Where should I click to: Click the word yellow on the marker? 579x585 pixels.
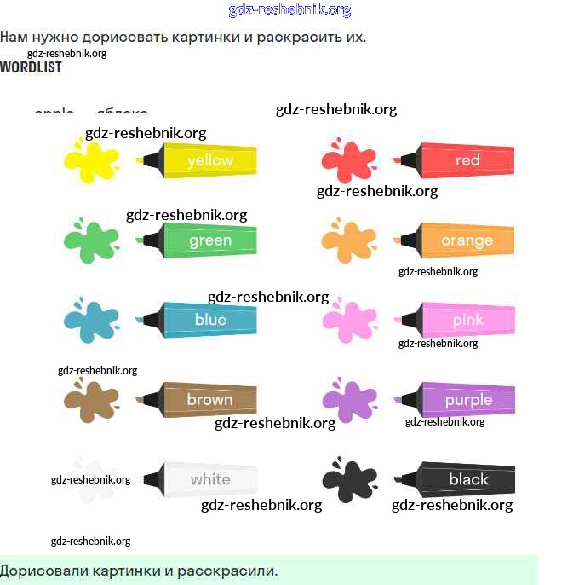209,160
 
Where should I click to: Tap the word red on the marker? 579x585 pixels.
467,160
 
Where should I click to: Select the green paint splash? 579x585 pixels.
92,240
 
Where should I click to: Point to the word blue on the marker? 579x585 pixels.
210,320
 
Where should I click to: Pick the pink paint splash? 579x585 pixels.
349,320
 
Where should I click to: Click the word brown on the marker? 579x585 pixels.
209,399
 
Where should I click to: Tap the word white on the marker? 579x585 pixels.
209,479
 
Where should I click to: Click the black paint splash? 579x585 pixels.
349,481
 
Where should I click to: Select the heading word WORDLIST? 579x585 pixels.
31,67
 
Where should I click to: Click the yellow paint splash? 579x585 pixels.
92,160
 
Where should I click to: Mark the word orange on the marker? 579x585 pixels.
467,240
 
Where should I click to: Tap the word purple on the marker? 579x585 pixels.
468,400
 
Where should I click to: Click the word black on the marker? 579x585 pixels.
468,479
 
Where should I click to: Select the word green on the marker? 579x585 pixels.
209,240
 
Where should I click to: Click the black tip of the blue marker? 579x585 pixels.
152,320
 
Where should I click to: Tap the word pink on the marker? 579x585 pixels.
467,321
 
